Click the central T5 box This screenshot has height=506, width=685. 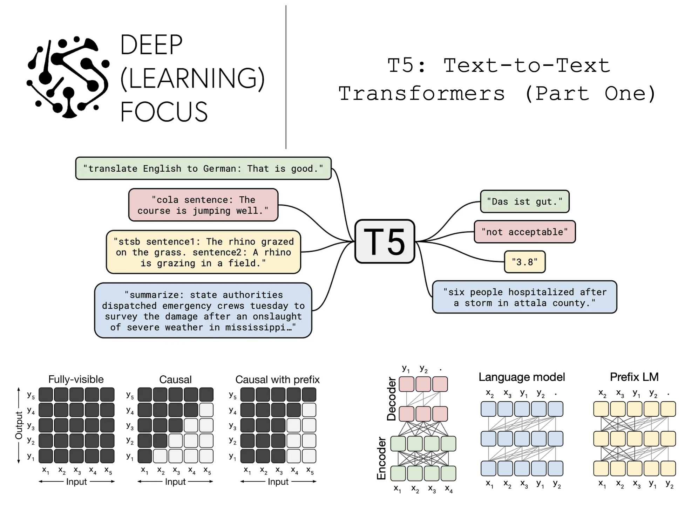(385, 241)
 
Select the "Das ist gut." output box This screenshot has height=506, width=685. (524, 201)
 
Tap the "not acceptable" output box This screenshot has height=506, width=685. (524, 232)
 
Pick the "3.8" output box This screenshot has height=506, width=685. (524, 262)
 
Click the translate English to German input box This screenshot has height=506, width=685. (203, 169)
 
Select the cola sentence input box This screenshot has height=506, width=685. (203, 205)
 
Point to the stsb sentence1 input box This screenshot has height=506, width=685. (203, 252)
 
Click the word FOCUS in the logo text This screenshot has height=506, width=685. (164, 112)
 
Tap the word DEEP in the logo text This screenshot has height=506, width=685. (151, 45)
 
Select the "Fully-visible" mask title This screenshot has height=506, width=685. (76, 379)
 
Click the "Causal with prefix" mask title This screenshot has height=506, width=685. (277, 379)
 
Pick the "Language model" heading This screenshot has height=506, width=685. (522, 377)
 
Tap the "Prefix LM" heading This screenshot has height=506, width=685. (634, 377)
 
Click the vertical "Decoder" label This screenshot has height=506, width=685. (391, 399)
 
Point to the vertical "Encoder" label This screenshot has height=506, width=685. (381, 458)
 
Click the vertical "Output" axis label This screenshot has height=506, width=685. (19, 425)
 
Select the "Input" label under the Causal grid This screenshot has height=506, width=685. (175, 482)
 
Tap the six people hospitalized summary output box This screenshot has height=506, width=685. (524, 297)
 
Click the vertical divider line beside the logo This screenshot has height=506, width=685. (286, 77)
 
